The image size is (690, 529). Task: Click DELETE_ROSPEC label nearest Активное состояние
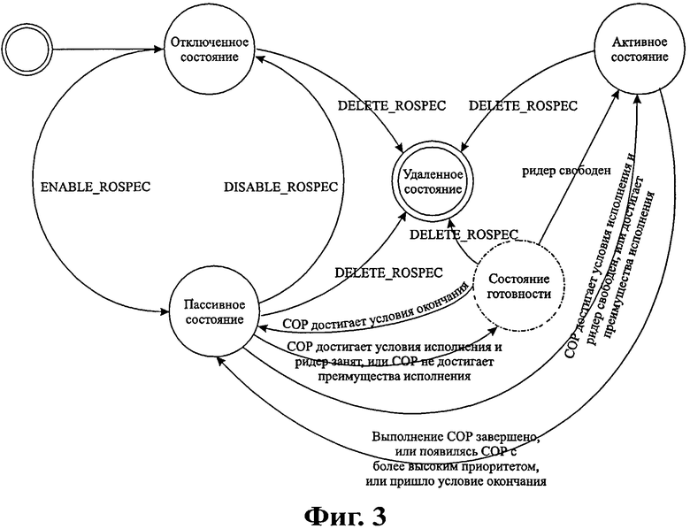click(522, 105)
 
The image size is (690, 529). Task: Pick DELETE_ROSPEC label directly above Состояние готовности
click(463, 234)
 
